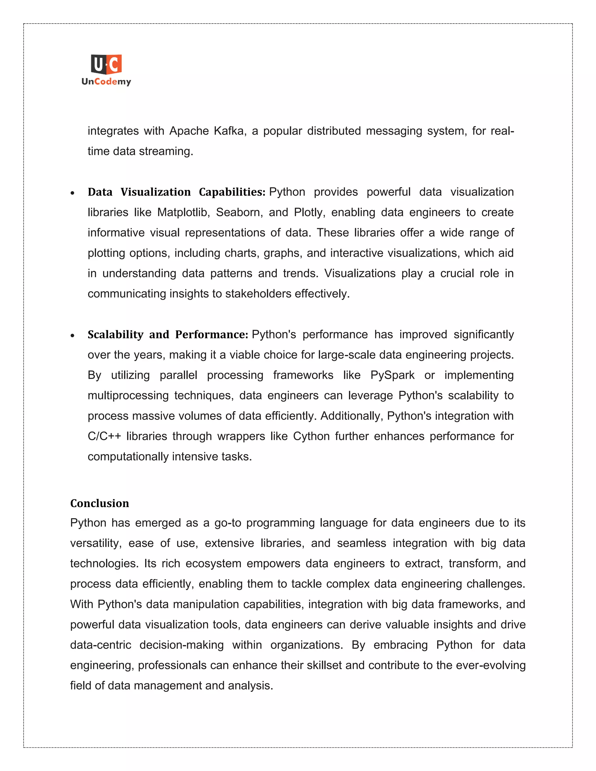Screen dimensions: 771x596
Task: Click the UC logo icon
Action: [106, 65]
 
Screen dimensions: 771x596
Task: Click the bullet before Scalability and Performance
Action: [72, 336]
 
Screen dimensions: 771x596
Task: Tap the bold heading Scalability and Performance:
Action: [168, 335]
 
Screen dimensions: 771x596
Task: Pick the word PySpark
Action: [392, 375]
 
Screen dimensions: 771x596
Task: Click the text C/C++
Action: [104, 436]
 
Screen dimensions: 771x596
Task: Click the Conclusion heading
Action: [100, 503]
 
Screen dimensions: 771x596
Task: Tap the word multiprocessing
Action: [128, 396]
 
